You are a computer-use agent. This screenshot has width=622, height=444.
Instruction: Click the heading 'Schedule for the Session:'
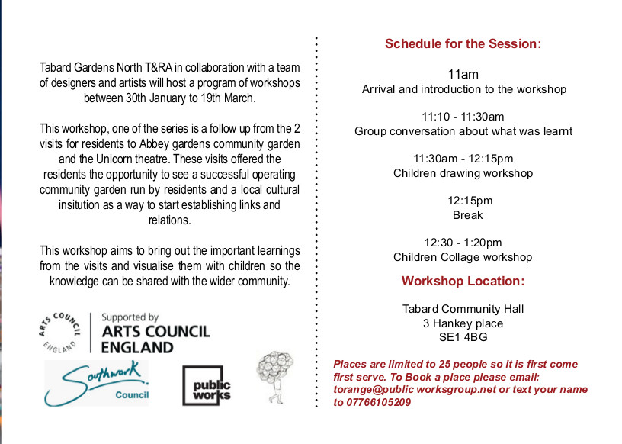(x=463, y=43)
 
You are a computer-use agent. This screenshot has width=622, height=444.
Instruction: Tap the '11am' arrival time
(x=463, y=74)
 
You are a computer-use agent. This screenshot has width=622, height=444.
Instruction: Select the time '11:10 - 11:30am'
(x=463, y=117)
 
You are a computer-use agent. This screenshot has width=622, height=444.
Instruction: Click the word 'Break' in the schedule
(x=468, y=215)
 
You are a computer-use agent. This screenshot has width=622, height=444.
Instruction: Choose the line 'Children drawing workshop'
(x=463, y=173)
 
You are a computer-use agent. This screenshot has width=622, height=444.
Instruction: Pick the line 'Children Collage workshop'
(x=463, y=257)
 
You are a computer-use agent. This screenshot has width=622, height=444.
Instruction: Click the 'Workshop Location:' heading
(x=463, y=281)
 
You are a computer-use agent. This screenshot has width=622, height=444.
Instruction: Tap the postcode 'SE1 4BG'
(x=463, y=336)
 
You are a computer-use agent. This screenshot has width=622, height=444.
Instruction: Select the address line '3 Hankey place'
(x=463, y=323)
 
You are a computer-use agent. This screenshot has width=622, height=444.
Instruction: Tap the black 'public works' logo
(x=206, y=385)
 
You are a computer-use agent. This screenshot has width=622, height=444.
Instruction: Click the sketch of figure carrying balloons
(x=274, y=375)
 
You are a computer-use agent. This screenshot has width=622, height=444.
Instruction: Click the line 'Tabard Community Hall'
(x=463, y=309)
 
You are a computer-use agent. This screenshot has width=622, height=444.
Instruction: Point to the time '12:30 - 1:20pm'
(x=463, y=243)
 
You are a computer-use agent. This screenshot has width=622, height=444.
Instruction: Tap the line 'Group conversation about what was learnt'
(x=463, y=131)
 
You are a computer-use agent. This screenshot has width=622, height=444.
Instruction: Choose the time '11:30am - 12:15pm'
(x=463, y=159)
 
